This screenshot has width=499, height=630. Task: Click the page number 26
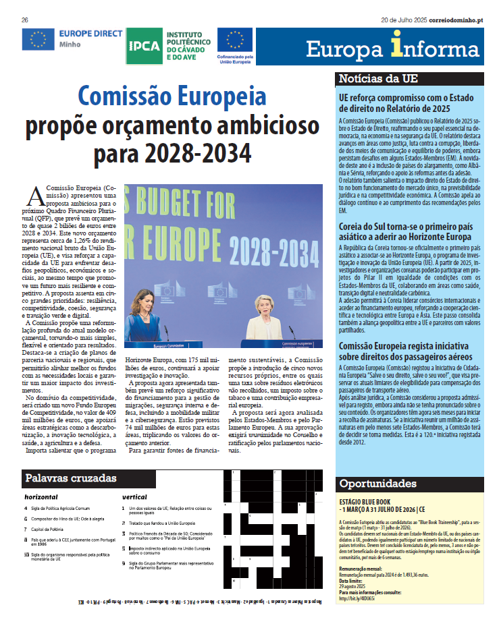(x=24, y=20)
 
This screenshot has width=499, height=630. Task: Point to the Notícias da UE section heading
(x=378, y=78)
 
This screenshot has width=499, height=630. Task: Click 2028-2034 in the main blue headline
(x=172, y=154)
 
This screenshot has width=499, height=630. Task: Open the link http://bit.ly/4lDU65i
(x=358, y=598)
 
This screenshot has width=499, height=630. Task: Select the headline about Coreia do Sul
(x=405, y=232)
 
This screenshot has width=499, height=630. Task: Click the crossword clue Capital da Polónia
(x=51, y=529)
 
